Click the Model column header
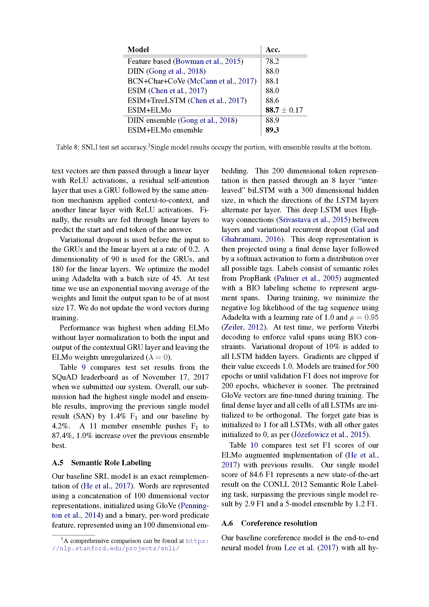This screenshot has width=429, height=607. [138, 50]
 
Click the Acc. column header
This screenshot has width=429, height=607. [272, 50]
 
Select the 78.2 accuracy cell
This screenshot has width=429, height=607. [272, 61]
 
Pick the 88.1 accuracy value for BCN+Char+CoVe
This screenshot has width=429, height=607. [272, 81]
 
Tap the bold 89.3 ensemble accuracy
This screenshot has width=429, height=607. [272, 130]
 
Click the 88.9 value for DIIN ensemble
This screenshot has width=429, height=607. [272, 120]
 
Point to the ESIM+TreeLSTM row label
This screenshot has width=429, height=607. [156, 100]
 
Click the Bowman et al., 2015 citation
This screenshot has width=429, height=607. [208, 61]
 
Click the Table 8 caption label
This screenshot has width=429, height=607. [67, 147]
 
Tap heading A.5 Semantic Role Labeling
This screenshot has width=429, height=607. [101, 463]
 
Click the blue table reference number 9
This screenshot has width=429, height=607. [84, 367]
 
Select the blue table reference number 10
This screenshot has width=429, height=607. [254, 445]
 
